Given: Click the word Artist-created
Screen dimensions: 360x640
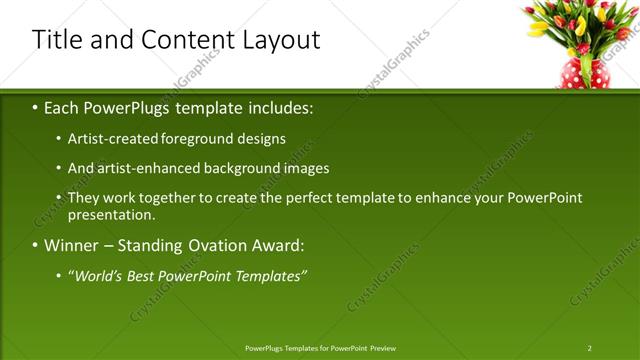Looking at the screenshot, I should (111, 139).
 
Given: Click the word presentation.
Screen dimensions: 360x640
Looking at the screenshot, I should (111, 215).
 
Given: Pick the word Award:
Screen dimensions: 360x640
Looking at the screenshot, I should (279, 245).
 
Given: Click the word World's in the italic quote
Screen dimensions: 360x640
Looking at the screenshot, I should (102, 275).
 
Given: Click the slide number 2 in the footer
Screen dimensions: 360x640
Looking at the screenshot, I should (589, 348).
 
